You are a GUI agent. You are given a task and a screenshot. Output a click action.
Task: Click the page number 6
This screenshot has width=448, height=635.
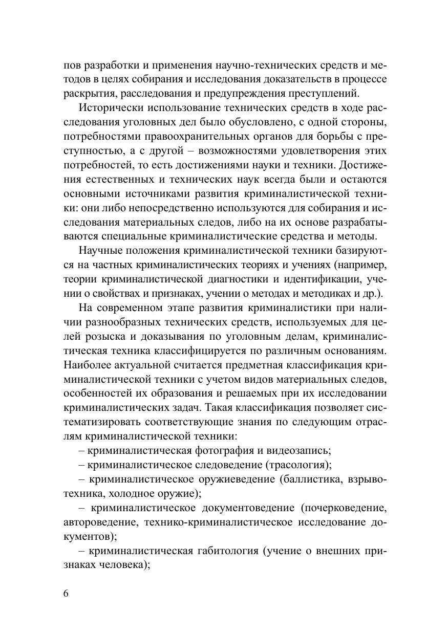tap(66, 594)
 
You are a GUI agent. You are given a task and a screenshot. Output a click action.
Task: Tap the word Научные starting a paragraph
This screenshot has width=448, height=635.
tap(102, 251)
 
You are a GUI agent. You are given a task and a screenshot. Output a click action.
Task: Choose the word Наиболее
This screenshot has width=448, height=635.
tap(88, 366)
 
